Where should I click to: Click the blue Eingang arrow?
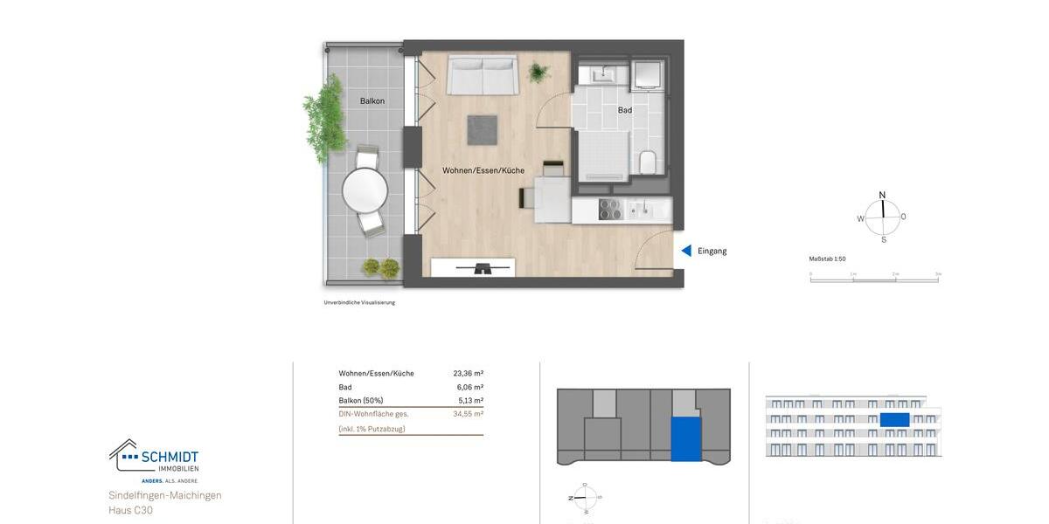coord(686,251)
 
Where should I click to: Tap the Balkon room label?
coord(372,101)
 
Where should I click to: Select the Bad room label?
coord(624,110)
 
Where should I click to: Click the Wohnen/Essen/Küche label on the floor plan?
coord(483,170)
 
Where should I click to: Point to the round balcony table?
coord(365,190)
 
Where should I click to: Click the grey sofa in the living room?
coord(482,75)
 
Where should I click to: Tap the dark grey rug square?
coord(482,130)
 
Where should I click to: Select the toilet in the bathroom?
coord(647,162)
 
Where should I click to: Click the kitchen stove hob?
coord(609,210)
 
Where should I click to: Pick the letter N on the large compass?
coord(882,195)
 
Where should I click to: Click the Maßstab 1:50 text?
coord(827,259)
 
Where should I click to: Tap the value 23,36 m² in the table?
coord(468,374)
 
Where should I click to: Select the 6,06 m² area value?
coord(470,387)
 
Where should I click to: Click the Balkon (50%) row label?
coord(360,401)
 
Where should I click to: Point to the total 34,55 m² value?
coord(468,414)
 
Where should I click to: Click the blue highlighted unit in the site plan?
coord(685,438)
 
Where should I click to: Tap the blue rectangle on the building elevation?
coord(894,420)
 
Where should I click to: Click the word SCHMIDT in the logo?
coord(170,457)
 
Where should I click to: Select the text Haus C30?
coord(130,510)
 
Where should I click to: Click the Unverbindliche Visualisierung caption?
coord(359,303)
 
